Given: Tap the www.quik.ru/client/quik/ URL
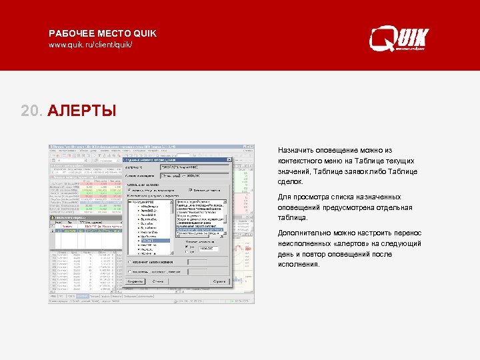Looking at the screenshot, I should (x=90, y=45).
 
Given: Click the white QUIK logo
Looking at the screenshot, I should (x=399, y=39).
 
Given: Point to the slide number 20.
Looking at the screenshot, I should (x=31, y=109).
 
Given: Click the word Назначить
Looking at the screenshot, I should (x=299, y=151).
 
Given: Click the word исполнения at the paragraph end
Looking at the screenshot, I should (x=297, y=264).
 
